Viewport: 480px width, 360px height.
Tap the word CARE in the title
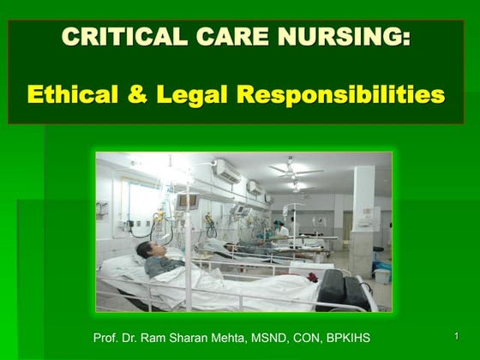pos(231,38)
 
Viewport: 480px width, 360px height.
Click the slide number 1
pos(457,334)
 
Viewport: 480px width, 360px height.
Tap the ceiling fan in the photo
pos(297,170)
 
